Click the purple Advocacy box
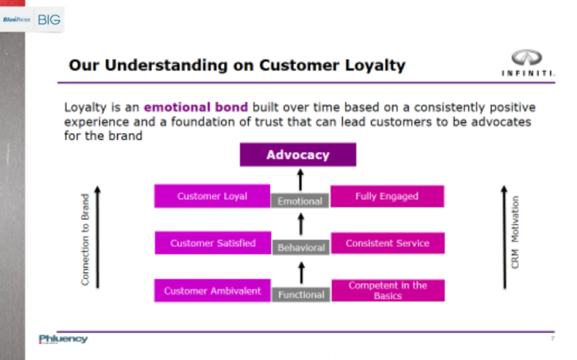point(298,155)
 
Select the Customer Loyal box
point(212,196)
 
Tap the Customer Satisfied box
point(213,243)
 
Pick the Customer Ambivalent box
point(212,291)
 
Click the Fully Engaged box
point(387,196)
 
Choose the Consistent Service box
point(388,243)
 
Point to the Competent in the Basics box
point(388,290)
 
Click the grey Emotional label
point(300,201)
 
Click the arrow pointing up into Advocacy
point(300,179)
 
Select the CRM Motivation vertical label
point(515,232)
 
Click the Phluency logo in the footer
point(63,339)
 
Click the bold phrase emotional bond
point(196,107)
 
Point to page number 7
point(552,339)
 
